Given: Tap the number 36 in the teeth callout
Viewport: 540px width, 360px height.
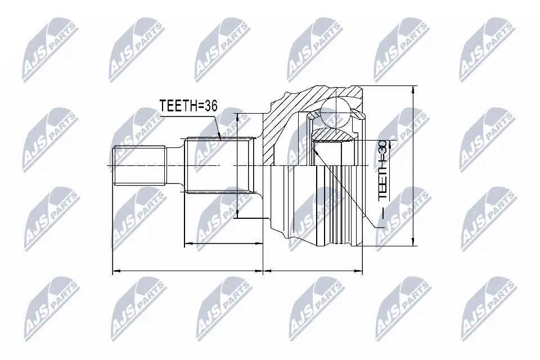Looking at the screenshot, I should (x=210, y=106).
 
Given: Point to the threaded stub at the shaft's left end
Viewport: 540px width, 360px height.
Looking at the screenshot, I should (x=141, y=165).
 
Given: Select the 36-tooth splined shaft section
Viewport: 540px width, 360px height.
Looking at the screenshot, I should (x=217, y=165).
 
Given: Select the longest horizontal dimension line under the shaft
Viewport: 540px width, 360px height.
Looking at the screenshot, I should (x=188, y=272).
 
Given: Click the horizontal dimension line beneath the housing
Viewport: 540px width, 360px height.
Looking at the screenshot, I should (x=313, y=272).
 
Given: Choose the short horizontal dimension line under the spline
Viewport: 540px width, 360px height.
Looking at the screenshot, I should (x=223, y=244).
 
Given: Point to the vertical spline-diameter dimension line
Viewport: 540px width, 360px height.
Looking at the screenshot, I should (x=238, y=165).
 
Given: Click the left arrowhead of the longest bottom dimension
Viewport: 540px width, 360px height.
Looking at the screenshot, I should (x=115, y=272).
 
